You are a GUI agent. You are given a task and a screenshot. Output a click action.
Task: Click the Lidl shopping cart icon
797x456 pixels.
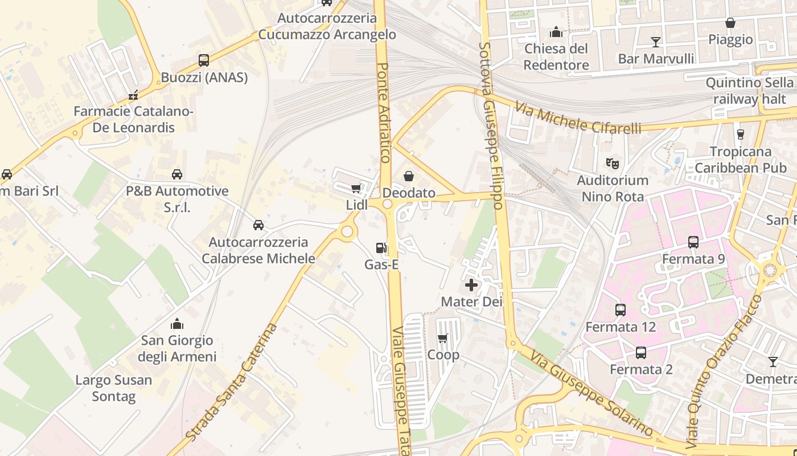[356, 189]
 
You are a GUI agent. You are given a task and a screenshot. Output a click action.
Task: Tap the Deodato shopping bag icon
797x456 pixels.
[408, 176]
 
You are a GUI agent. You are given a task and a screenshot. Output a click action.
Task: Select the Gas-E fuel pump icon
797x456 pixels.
[381, 248]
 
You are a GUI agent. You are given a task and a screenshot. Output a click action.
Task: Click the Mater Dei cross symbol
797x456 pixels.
[471, 285]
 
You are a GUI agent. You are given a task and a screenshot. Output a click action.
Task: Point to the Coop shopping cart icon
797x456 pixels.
[443, 338]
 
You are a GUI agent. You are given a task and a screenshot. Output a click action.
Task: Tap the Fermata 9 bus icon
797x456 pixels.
[693, 242]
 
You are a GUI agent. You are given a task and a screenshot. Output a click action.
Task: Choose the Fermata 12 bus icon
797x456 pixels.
[621, 311]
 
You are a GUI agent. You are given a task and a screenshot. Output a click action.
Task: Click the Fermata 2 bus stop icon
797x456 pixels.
[641, 353]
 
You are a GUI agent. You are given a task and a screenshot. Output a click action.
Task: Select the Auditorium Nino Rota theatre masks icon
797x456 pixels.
[612, 164]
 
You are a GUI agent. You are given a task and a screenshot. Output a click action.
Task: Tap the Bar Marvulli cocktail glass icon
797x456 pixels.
[656, 42]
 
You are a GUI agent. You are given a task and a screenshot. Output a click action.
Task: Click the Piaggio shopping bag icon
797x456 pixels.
[730, 23]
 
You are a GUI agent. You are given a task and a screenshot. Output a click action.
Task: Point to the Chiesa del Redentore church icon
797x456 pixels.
[556, 32]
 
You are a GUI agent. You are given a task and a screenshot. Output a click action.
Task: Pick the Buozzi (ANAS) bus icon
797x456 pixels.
[204, 60]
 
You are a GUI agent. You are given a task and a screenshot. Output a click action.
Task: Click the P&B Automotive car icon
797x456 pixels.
[177, 174]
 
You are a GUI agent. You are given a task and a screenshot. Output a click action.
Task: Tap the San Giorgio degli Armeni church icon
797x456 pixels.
[177, 324]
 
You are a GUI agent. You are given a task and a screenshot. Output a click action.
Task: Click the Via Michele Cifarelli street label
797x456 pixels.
[578, 117]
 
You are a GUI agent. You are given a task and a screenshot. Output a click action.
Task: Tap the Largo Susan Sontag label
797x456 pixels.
[114, 388]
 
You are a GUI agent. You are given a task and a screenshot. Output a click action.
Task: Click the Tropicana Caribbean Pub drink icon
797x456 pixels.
[741, 135]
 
